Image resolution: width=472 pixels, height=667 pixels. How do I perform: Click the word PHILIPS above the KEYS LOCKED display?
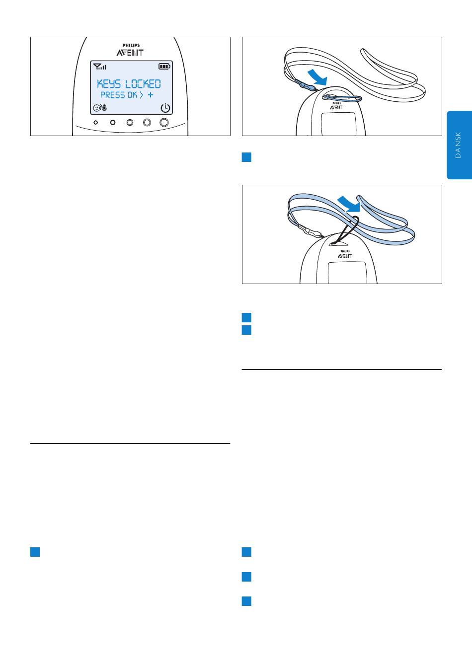(x=131, y=45)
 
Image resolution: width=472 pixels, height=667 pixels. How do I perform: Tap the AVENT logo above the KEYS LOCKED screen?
(x=130, y=53)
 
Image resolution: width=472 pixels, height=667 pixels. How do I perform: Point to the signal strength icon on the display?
(x=99, y=67)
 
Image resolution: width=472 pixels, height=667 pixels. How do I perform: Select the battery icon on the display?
(x=164, y=66)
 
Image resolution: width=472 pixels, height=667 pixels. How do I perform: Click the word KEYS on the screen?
(x=109, y=84)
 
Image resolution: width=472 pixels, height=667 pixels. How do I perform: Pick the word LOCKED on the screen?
(x=143, y=84)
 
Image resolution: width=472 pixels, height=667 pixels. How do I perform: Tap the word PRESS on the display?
(x=113, y=95)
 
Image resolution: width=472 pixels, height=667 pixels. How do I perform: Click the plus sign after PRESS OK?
(x=151, y=95)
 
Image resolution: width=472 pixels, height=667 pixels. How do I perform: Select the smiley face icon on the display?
(x=96, y=108)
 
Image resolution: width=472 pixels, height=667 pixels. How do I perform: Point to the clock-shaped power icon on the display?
(x=165, y=108)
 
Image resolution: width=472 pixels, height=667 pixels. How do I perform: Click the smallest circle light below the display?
(x=95, y=122)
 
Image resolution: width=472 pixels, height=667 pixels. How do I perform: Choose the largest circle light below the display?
(x=164, y=122)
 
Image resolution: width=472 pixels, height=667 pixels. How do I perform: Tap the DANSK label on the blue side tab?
(x=458, y=145)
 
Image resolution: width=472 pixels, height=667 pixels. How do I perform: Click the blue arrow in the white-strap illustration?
(x=317, y=77)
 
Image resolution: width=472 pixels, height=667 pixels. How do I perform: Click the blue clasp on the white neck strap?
(x=305, y=85)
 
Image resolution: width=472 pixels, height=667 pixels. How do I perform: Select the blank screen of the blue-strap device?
(x=347, y=273)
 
